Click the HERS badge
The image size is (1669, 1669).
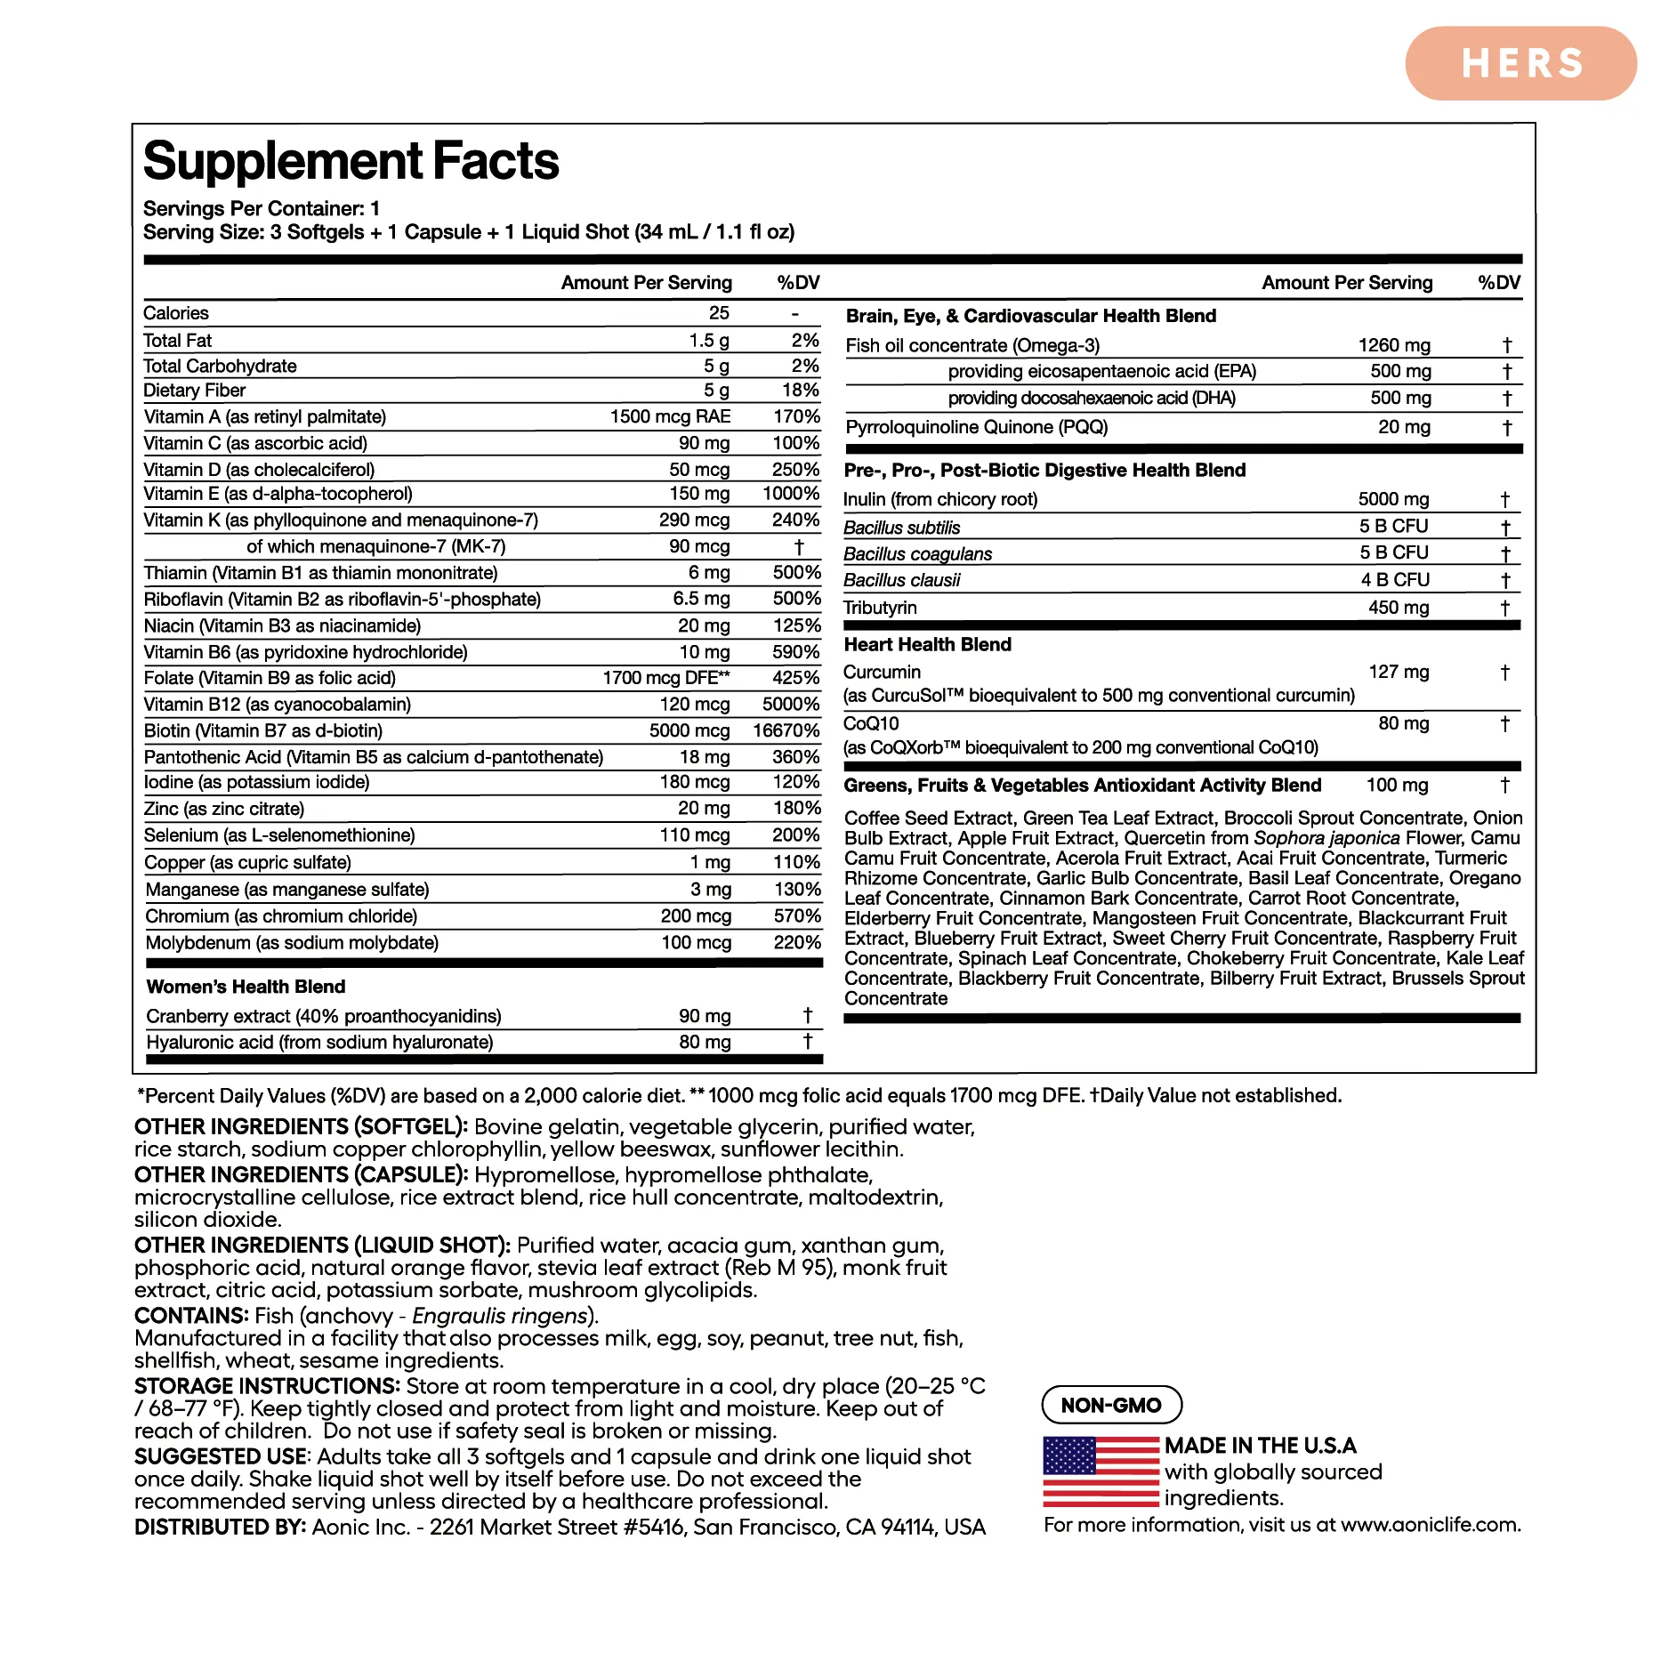tap(1520, 63)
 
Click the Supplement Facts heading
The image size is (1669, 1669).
tap(351, 161)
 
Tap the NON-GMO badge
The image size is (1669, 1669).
tap(1111, 1405)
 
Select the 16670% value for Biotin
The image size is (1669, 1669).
tap(786, 730)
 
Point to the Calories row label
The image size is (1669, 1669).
tap(176, 313)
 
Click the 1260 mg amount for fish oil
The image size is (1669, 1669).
tap(1394, 345)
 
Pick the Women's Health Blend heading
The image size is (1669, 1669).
tap(246, 987)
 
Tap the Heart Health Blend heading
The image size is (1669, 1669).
tap(927, 644)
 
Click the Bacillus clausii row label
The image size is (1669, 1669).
tap(901, 580)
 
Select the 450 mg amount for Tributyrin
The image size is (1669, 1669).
tap(1399, 608)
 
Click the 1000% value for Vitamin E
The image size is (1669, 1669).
tap(791, 494)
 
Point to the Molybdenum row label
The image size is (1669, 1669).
tap(292, 943)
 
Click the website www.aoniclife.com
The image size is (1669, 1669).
tap(1431, 1525)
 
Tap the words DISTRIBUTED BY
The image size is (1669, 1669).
tap(220, 1528)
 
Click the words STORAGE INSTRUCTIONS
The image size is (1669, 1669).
tap(267, 1386)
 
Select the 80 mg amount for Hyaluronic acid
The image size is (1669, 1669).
tap(705, 1042)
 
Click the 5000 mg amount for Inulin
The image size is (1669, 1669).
tap(1393, 499)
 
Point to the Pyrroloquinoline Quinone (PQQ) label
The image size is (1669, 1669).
tap(976, 427)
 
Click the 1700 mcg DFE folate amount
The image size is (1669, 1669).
tap(665, 678)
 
